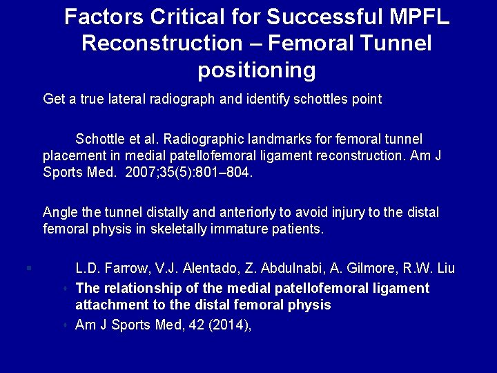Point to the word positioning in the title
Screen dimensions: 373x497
click(x=257, y=70)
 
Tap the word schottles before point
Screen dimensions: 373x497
click(x=319, y=99)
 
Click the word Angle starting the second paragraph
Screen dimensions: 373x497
click(x=59, y=212)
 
